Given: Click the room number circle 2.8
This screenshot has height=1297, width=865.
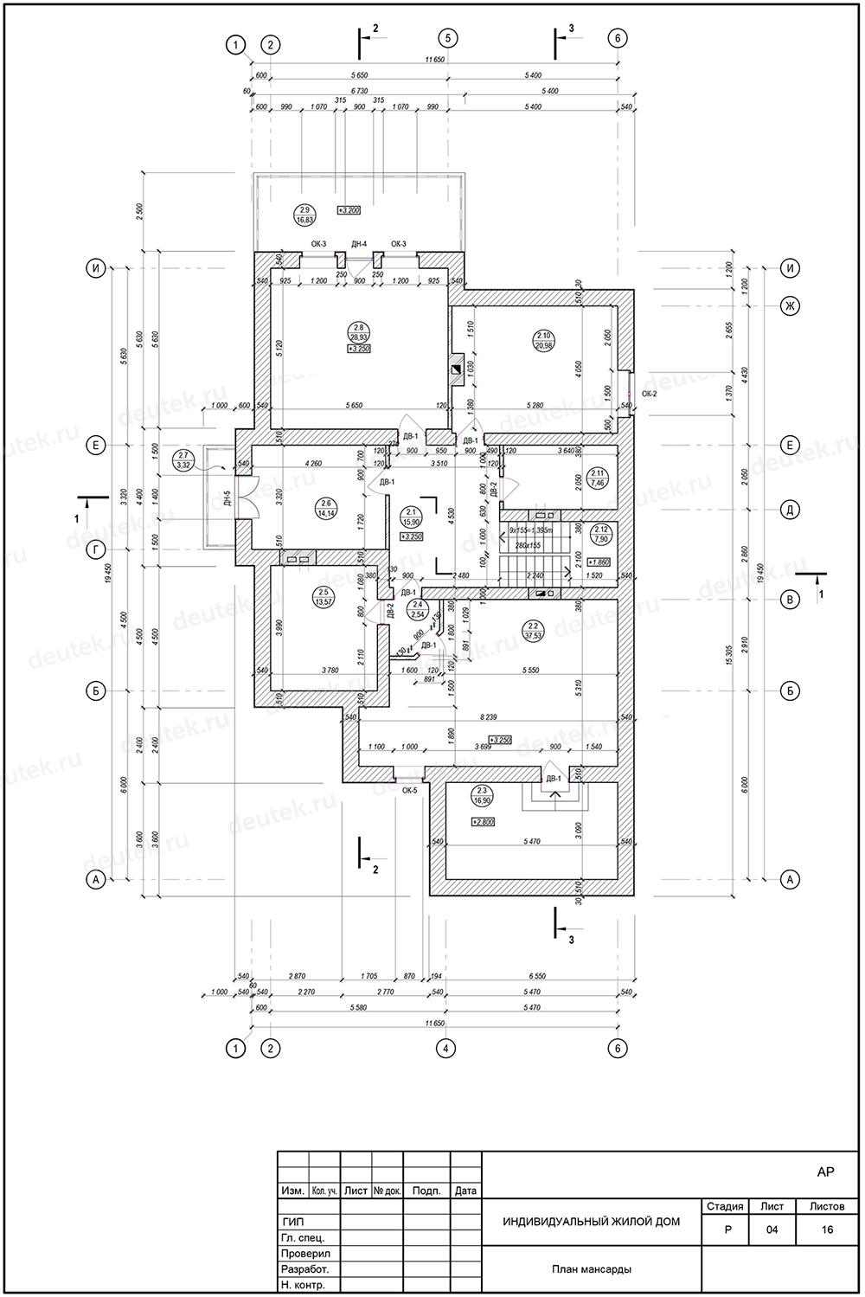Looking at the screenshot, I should click(x=358, y=331).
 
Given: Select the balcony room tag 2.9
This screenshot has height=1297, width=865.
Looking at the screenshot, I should click(x=304, y=214).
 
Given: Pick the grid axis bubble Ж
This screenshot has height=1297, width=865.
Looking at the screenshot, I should click(x=789, y=305).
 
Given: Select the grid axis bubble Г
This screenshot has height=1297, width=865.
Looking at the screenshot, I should click(x=97, y=549).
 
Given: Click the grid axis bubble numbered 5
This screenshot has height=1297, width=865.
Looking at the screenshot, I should click(x=447, y=38).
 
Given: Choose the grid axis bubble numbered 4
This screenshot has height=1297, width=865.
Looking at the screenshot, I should click(x=445, y=1049).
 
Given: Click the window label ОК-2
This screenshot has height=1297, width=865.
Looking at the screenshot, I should click(x=649, y=394).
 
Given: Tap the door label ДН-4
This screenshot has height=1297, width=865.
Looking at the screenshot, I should click(x=360, y=244).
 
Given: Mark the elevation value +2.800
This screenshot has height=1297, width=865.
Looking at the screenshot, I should click(x=483, y=822).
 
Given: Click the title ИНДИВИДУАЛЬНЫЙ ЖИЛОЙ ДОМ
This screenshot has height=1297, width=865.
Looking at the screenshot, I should click(x=591, y=1222).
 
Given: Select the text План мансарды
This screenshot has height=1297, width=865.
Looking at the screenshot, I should click(x=591, y=1269).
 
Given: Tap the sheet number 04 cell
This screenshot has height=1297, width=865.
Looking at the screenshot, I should click(x=772, y=1230).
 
